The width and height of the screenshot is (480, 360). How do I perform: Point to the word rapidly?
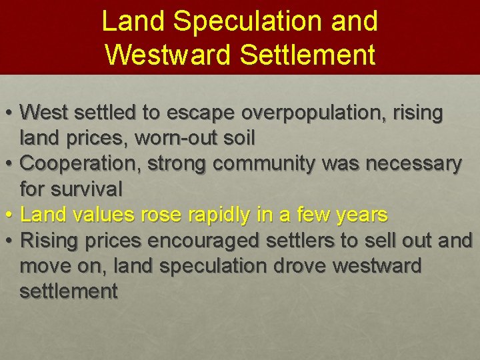click(218, 215)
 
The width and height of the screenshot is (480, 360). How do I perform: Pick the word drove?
click(304, 265)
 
